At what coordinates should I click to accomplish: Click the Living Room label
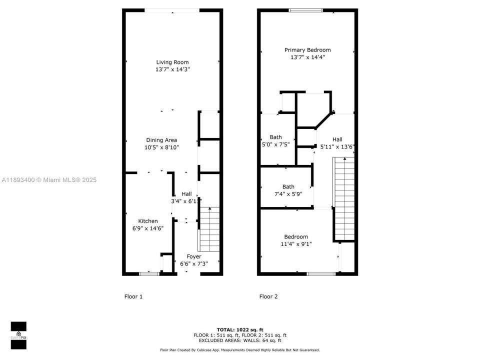point(172,62)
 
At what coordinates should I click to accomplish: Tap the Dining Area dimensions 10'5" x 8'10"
point(161,147)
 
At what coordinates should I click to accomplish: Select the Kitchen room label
point(148,221)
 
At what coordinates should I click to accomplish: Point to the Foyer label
point(193,256)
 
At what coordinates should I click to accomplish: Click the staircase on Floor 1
point(209,229)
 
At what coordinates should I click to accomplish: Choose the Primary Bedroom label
point(307,50)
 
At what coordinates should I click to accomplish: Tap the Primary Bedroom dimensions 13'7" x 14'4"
point(307,57)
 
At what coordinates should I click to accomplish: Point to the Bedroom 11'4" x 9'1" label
point(296,237)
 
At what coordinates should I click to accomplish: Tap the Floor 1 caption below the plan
point(133,296)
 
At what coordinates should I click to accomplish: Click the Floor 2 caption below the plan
point(268,296)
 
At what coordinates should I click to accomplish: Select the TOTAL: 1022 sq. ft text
point(239,329)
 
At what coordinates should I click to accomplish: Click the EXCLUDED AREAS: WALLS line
point(239,340)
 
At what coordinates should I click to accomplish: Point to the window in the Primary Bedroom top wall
point(305,10)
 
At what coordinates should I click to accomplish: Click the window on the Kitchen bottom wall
point(148,273)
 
